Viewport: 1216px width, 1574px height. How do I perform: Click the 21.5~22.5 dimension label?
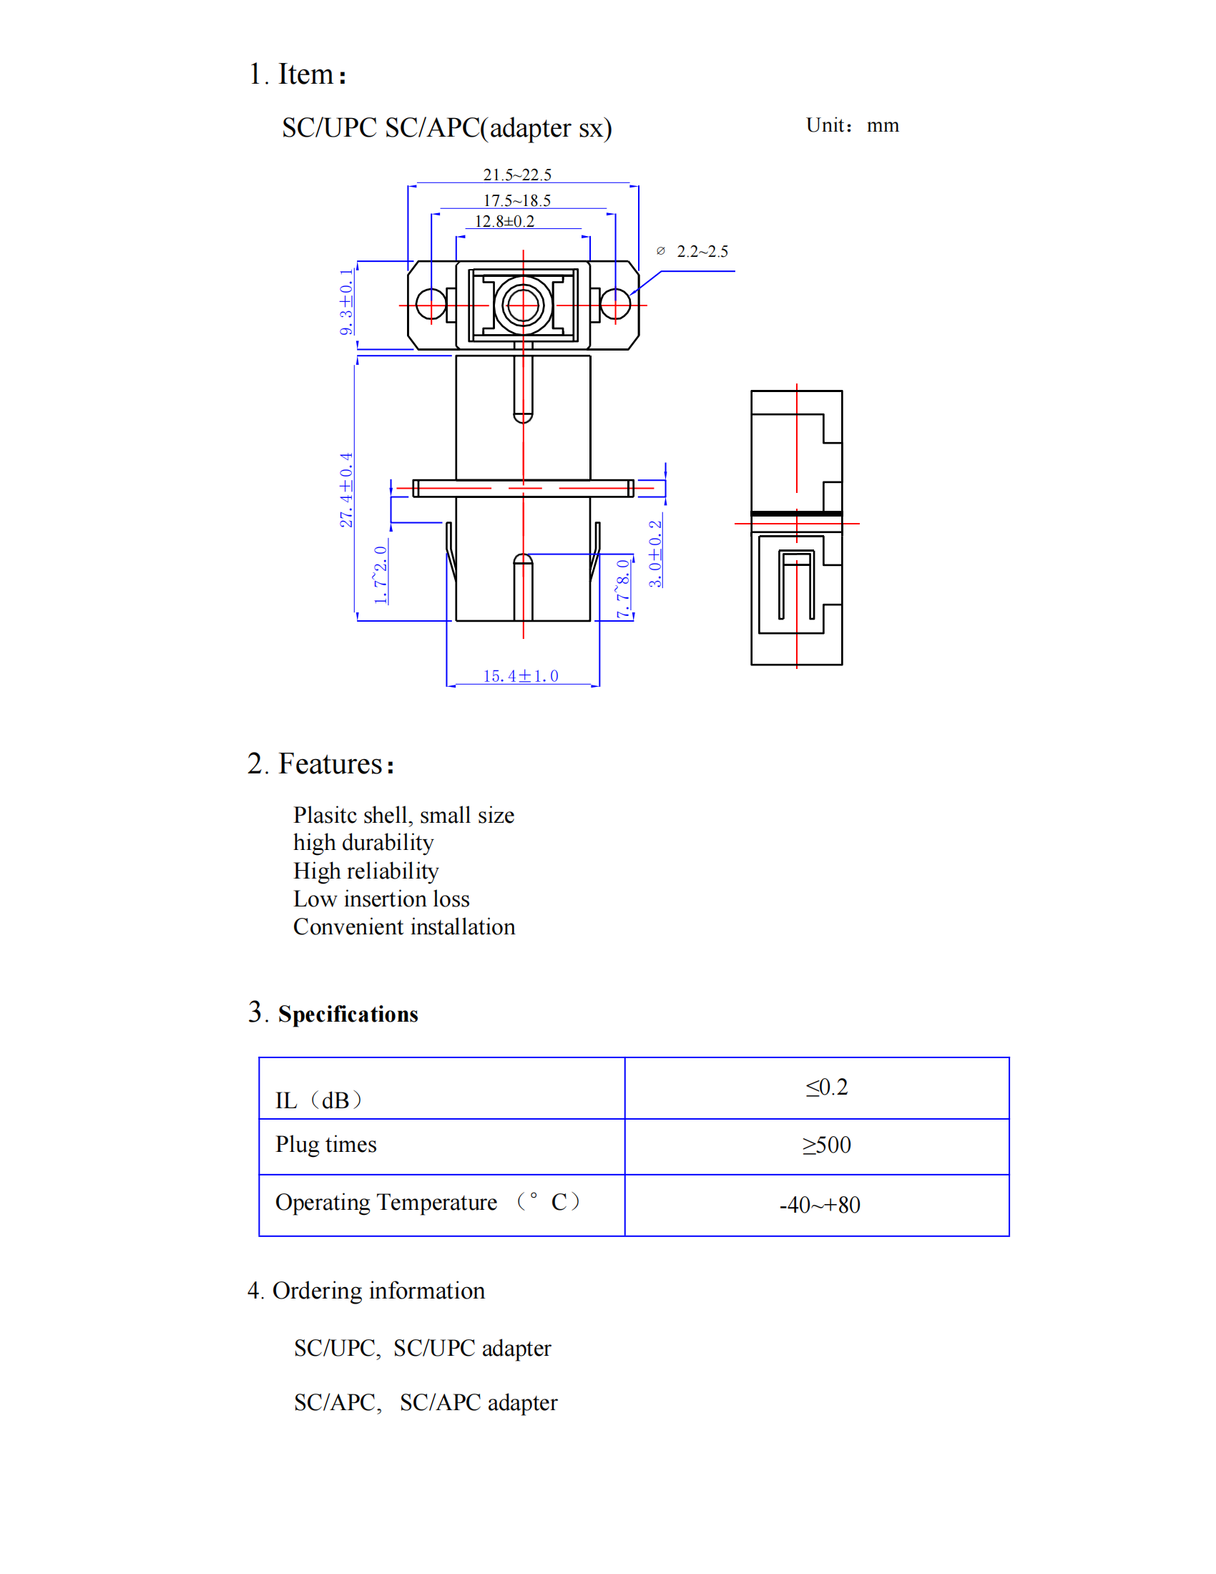tap(517, 175)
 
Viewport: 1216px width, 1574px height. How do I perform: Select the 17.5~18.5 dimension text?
tap(516, 200)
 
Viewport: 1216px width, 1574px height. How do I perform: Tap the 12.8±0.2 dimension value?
tap(504, 221)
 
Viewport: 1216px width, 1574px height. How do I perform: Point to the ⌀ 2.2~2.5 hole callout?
tap(693, 252)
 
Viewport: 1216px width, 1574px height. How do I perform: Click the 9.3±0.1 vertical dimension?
tap(346, 302)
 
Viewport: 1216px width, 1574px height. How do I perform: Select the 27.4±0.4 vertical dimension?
tap(346, 490)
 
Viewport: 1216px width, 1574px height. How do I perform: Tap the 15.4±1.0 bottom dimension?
tap(520, 676)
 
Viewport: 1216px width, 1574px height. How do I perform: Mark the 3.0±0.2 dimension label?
tap(654, 554)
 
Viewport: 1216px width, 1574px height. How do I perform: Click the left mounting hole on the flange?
tap(431, 304)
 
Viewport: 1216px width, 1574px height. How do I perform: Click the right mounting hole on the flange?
tap(615, 304)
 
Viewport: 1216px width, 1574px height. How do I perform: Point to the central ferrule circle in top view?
tap(523, 305)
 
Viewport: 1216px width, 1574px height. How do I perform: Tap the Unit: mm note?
tap(852, 125)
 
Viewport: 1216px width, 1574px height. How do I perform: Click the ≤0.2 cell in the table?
tap(826, 1087)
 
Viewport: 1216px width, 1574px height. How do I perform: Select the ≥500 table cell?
tap(826, 1145)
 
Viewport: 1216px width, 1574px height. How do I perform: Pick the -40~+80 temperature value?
tap(820, 1204)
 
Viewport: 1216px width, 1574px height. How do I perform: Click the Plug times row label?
tap(325, 1145)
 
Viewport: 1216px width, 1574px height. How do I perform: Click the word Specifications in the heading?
tap(348, 1014)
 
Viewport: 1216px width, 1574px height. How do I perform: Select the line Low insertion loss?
tap(381, 899)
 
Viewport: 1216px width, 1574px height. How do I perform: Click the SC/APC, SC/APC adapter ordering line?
tap(425, 1402)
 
